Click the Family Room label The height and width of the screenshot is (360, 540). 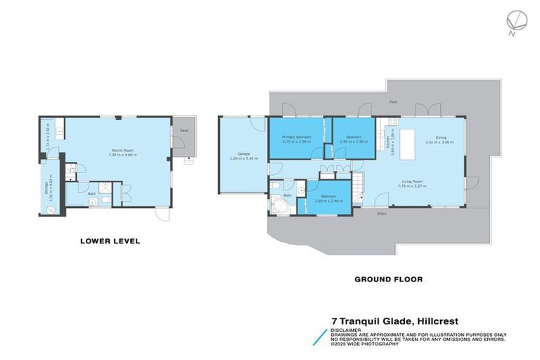(x=117, y=150)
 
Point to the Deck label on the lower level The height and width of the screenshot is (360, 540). (x=184, y=131)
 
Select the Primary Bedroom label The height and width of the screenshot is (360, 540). (x=296, y=136)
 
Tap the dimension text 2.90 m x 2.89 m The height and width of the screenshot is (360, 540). (x=354, y=141)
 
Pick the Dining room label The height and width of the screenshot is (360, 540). (x=441, y=138)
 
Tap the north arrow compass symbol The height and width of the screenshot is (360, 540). (x=514, y=21)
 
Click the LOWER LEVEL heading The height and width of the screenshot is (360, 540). (x=110, y=241)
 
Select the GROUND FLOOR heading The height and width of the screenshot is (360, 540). (x=388, y=279)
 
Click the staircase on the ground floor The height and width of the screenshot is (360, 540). (x=359, y=185)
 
